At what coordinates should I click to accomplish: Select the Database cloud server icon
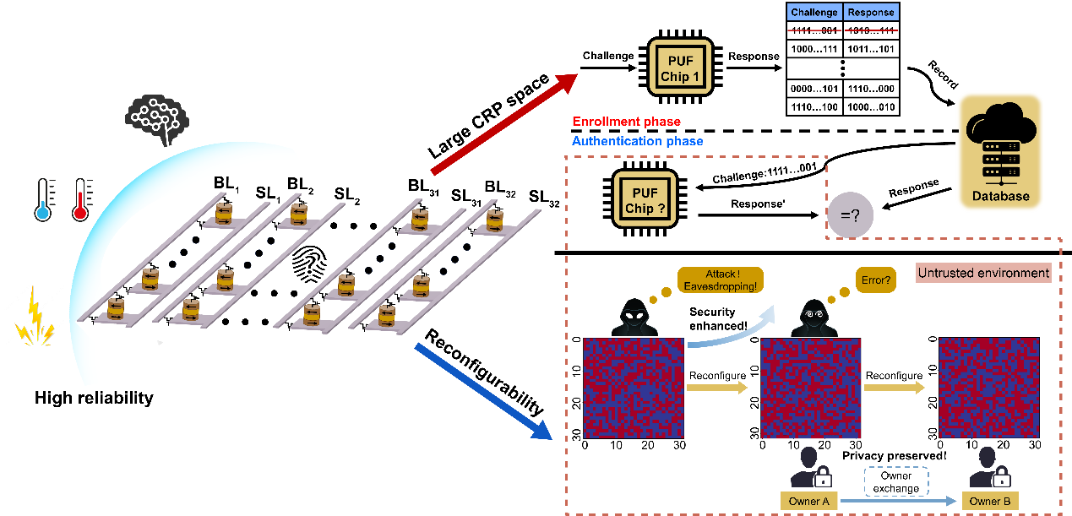1000,152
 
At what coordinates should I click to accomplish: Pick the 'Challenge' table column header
815,13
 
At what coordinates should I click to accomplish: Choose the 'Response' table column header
871,13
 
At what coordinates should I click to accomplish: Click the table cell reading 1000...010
871,107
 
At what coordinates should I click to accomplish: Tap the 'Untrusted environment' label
983,273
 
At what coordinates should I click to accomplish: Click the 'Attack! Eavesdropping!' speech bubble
720,280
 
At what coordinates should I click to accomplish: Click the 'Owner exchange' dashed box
895,481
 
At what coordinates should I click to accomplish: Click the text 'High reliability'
94,398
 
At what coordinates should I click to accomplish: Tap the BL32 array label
500,187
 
